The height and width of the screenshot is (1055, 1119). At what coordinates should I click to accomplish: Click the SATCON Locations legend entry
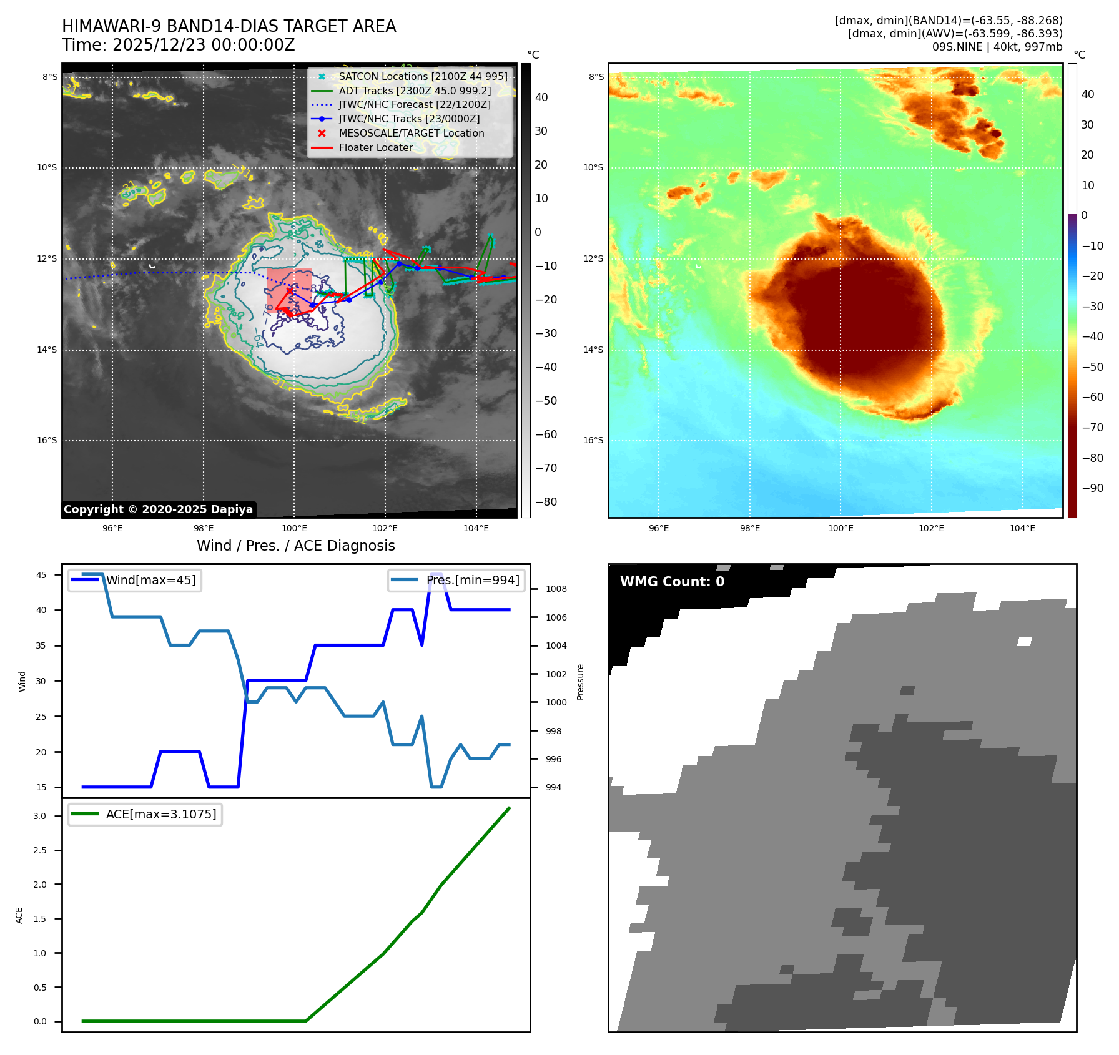[423, 76]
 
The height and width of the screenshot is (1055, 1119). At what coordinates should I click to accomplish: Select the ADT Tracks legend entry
[415, 91]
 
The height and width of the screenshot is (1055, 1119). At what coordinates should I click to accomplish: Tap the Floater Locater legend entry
[375, 147]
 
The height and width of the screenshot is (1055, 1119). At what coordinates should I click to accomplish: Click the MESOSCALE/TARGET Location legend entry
[411, 133]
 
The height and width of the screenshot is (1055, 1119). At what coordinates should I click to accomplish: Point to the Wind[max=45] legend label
[150, 580]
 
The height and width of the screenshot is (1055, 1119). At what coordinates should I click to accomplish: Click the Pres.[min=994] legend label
[472, 580]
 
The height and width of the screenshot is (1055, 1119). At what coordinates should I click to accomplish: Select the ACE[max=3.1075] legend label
[161, 814]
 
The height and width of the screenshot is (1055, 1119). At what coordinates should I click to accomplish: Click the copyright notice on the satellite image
[158, 509]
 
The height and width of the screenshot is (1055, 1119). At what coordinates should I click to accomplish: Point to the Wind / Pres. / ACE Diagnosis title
[295, 546]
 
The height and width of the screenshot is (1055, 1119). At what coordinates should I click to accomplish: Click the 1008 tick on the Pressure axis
[556, 589]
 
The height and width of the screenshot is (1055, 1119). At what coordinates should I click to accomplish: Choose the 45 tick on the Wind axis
[41, 575]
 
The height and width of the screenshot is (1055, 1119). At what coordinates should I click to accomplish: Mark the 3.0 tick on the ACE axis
[40, 816]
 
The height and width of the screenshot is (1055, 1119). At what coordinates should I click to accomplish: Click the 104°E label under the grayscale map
[476, 528]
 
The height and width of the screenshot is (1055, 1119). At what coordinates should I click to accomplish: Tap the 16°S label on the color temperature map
[593, 440]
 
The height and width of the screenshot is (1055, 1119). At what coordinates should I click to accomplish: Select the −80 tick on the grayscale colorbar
[546, 501]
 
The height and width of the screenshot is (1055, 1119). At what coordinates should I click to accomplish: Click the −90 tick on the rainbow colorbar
[1092, 488]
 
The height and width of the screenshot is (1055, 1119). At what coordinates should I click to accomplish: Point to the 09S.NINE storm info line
[997, 47]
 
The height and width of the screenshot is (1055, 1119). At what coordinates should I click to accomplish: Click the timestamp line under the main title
[178, 45]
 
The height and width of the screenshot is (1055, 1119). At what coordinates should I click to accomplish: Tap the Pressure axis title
[580, 682]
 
